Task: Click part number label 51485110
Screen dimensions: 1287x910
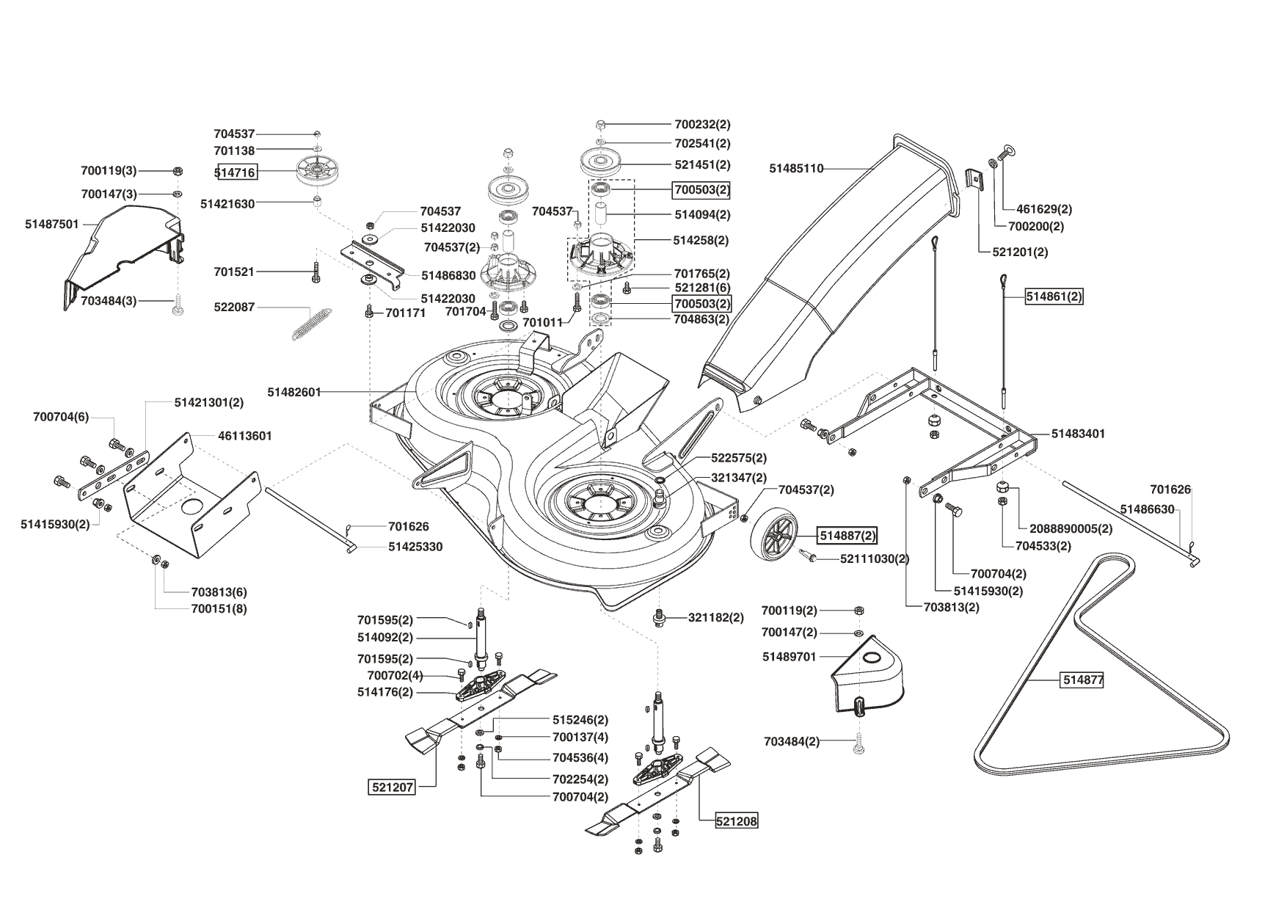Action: coord(796,169)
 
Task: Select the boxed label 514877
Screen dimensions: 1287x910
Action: coord(1083,680)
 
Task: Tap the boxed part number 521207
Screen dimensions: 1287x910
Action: coord(392,787)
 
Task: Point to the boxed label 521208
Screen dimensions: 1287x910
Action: coord(737,821)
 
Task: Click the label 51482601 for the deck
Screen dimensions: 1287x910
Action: coord(294,393)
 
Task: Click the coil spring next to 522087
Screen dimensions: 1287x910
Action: coord(310,323)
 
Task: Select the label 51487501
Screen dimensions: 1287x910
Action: coord(52,225)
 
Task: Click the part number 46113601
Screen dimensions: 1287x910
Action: coord(245,436)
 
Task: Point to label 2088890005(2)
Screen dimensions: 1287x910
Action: coord(1071,528)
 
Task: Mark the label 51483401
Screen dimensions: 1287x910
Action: coord(1079,434)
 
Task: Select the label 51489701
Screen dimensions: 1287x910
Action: coord(790,657)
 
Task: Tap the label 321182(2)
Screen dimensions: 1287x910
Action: coord(716,618)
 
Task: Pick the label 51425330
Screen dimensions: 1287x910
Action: coord(415,547)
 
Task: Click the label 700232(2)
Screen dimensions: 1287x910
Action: coord(702,125)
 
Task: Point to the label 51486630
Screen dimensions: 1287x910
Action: coord(1148,509)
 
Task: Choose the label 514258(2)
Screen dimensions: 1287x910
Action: coord(702,240)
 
